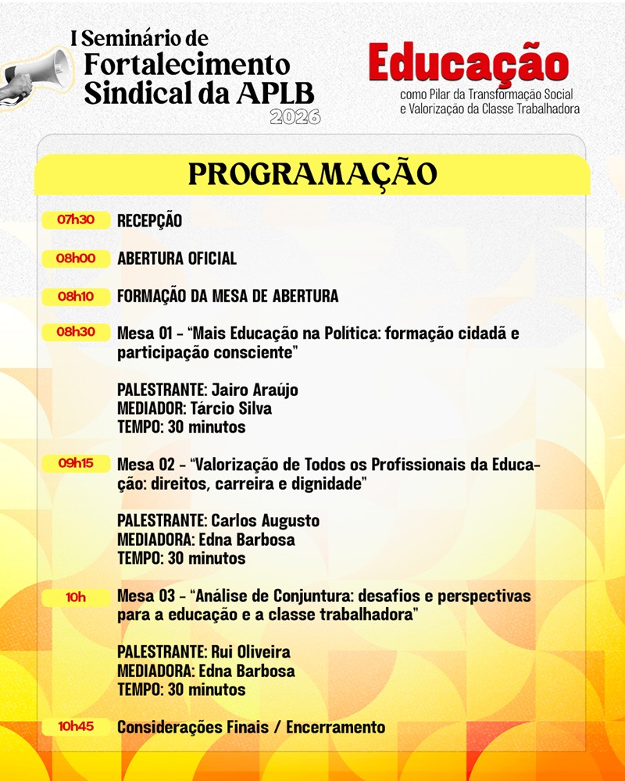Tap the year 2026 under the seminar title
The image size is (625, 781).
pyautogui.click(x=295, y=118)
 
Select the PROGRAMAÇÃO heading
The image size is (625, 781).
pyautogui.click(x=312, y=173)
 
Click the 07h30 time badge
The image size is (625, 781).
pyautogui.click(x=76, y=220)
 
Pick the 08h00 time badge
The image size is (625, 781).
pyautogui.click(x=76, y=259)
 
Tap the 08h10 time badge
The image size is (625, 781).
pyautogui.click(x=76, y=297)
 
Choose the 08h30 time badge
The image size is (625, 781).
pyautogui.click(x=76, y=333)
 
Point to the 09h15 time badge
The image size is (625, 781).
pyautogui.click(x=76, y=464)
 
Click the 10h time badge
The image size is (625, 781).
pyautogui.click(x=76, y=597)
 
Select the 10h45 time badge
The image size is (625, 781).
pyautogui.click(x=76, y=727)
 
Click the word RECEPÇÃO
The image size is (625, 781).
pyautogui.click(x=149, y=221)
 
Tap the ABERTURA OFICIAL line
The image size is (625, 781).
pyautogui.click(x=177, y=259)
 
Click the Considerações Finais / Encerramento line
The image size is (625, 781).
pyautogui.click(x=251, y=727)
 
